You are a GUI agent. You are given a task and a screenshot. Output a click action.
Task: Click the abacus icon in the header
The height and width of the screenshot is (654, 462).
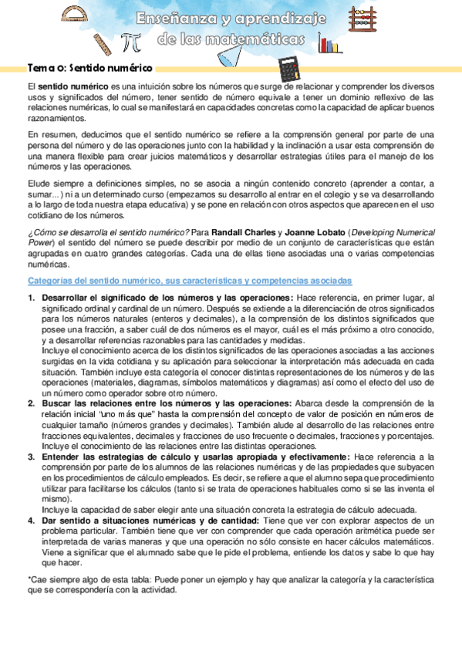(362, 16)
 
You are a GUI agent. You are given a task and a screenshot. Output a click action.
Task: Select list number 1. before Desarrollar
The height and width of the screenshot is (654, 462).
(32, 298)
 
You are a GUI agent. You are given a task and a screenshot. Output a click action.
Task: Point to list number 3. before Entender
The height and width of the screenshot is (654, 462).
(32, 457)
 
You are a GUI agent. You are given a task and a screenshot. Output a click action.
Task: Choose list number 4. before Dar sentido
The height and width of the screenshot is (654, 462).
(32, 520)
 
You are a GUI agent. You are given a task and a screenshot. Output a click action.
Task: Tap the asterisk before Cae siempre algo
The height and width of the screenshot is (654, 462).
(29, 579)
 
